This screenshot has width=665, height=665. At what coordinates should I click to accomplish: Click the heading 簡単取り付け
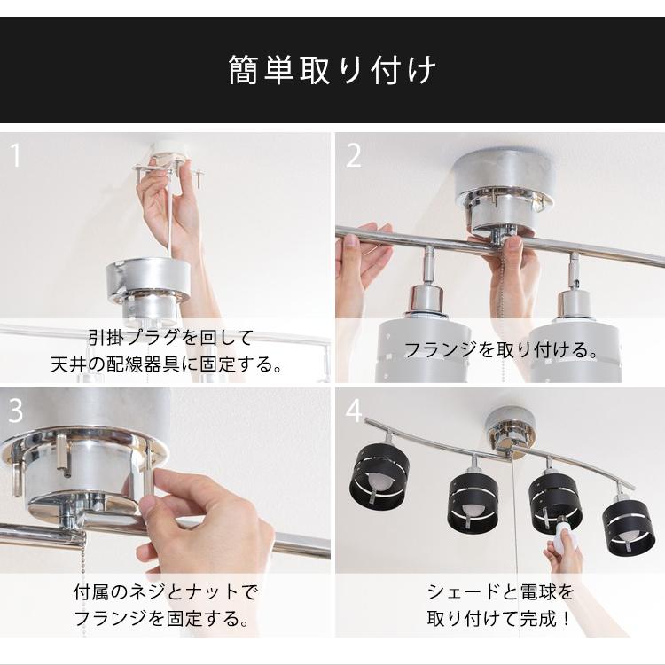point(332,70)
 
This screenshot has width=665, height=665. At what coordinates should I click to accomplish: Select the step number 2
point(354,156)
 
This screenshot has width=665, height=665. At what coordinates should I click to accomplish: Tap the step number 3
point(15,411)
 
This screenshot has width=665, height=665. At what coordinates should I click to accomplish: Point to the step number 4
point(355,411)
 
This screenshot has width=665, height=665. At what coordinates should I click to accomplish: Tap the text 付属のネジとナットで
point(166,591)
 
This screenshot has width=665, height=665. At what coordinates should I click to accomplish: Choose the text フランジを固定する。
point(166,618)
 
